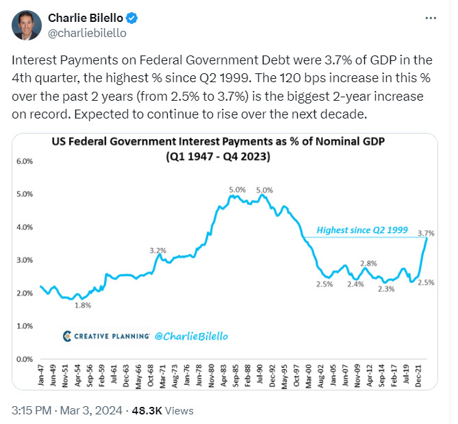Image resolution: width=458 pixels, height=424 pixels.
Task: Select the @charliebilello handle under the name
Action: (86, 32)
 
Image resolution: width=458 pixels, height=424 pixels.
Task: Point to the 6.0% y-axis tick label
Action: (24, 162)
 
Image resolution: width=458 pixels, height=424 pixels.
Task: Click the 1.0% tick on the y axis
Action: (24, 326)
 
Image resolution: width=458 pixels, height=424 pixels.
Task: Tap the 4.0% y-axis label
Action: (24, 227)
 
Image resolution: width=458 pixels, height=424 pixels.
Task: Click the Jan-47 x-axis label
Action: (42, 373)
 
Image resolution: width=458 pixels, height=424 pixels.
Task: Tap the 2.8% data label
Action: (368, 264)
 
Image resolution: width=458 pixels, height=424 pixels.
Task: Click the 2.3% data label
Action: (387, 288)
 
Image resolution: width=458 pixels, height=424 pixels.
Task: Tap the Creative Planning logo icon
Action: (66, 336)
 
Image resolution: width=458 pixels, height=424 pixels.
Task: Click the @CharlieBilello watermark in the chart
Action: (189, 336)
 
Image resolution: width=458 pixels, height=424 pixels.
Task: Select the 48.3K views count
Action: (147, 410)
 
